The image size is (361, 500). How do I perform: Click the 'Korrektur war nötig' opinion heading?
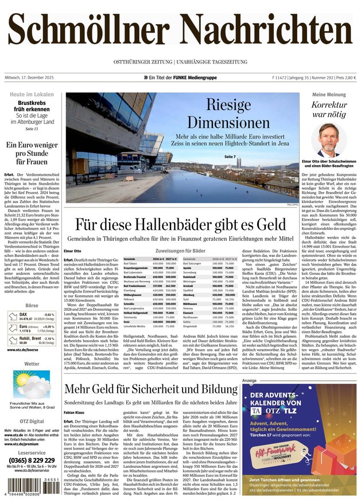click(x=329, y=110)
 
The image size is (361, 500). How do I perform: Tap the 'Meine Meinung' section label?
click(x=329, y=93)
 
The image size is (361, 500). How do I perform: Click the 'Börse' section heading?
click(x=32, y=307)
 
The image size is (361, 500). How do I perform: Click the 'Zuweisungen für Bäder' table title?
click(x=180, y=251)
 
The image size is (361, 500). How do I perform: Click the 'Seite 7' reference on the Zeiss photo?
click(x=230, y=157)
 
